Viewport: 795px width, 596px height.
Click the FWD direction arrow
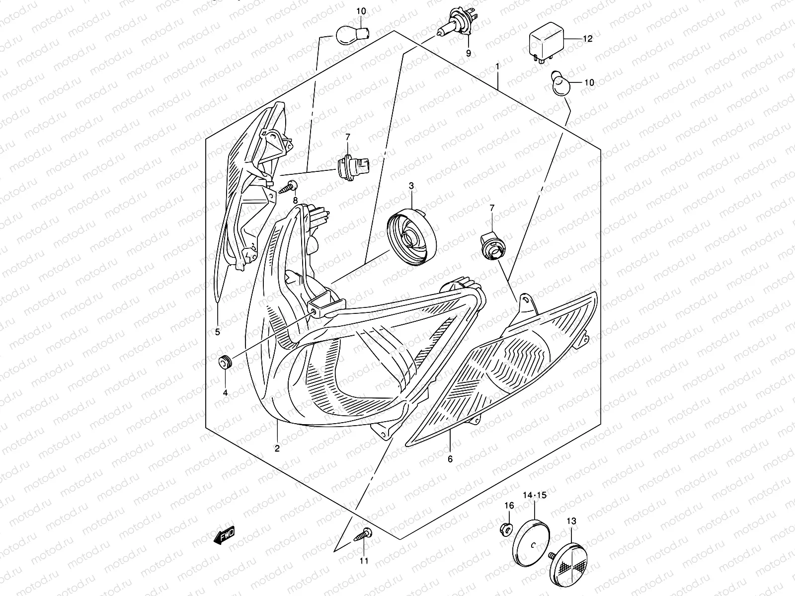224,535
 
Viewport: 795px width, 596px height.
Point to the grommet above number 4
225,362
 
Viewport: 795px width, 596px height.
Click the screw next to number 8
289,187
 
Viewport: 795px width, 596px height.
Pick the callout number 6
450,459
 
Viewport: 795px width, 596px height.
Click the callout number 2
277,448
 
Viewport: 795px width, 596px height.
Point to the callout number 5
217,331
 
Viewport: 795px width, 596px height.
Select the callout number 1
498,67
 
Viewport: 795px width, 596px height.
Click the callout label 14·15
535,495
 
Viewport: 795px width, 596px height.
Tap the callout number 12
587,39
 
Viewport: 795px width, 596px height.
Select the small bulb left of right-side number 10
560,83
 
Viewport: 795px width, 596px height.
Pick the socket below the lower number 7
492,246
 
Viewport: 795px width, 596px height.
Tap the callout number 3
411,186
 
